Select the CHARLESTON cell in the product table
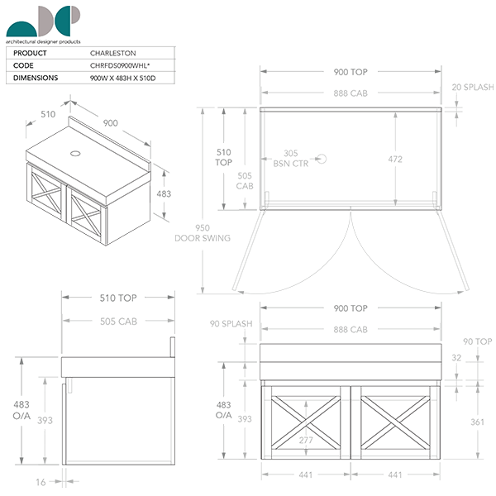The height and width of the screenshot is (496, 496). point(112,53)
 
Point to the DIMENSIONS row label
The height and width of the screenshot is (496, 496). point(35,78)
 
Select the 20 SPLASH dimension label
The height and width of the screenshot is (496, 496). point(473,87)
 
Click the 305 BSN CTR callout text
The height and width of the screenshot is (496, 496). point(290,158)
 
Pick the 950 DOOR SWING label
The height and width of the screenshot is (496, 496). point(202,232)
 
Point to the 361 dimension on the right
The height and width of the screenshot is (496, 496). point(477,422)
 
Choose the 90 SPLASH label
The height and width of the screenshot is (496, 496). point(231,324)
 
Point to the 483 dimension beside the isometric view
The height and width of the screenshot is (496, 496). point(164,193)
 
